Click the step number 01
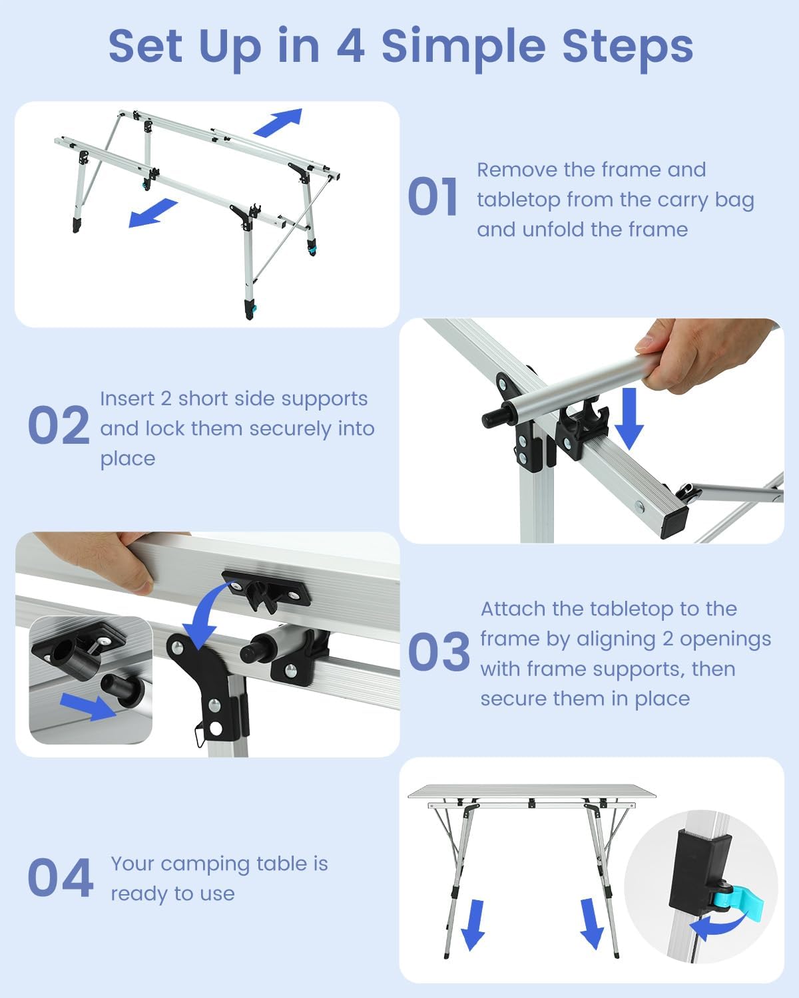point(432,197)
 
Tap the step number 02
point(59,424)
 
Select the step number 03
point(439,651)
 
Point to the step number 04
point(61,878)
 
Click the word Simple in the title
point(463,49)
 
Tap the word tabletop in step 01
point(517,200)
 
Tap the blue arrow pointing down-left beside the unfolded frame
point(152,213)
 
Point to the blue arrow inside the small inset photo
point(88,707)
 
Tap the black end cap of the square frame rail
point(674,522)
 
